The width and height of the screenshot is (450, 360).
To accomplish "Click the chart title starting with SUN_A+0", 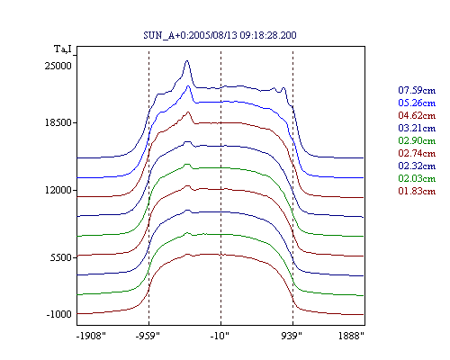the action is [x=220, y=35].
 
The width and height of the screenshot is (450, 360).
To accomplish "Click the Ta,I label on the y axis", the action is [x=63, y=49].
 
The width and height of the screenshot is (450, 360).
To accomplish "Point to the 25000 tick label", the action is [x=58, y=66].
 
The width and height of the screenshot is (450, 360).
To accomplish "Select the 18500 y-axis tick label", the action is [x=58, y=122].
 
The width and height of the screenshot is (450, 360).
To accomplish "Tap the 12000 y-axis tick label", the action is [x=58, y=190].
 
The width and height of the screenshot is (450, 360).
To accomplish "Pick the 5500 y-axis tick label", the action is [x=61, y=257].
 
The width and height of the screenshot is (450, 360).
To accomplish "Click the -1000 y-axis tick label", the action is [x=59, y=314].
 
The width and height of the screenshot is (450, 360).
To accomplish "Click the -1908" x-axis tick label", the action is [x=91, y=336].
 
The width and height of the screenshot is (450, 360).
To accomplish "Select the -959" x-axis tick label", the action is [x=148, y=336].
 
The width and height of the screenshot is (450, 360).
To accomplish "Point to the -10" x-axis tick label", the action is [x=220, y=336].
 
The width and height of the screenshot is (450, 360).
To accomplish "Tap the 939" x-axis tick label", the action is [x=292, y=336].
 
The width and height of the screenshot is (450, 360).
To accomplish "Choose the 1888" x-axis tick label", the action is [x=351, y=336].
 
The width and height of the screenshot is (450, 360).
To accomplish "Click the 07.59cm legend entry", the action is [x=417, y=90].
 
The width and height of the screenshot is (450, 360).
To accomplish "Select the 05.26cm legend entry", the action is [x=417, y=103].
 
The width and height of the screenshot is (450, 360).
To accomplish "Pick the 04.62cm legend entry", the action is [x=417, y=115].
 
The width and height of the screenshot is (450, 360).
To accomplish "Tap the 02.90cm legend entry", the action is [x=417, y=140].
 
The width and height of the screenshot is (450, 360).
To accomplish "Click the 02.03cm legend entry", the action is [x=417, y=178].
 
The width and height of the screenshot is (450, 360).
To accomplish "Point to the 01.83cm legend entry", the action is [x=417, y=191].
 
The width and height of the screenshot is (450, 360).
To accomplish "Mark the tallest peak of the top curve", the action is [x=187, y=61].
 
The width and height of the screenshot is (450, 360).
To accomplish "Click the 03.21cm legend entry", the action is [x=417, y=128].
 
